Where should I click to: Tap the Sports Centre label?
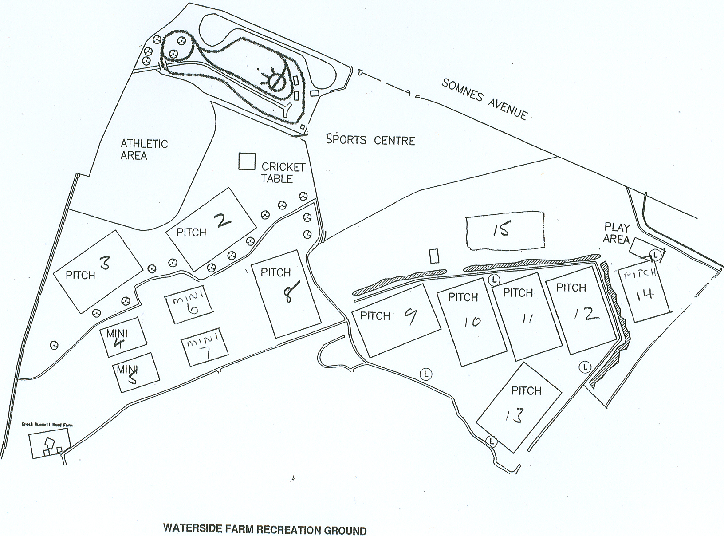(x=370, y=140)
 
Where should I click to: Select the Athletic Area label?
(x=138, y=150)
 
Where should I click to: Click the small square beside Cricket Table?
(x=247, y=161)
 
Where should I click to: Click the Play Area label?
(x=617, y=233)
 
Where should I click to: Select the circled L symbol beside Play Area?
(x=655, y=255)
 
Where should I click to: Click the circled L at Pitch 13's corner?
(x=491, y=441)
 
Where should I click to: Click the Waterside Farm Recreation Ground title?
(x=265, y=529)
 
